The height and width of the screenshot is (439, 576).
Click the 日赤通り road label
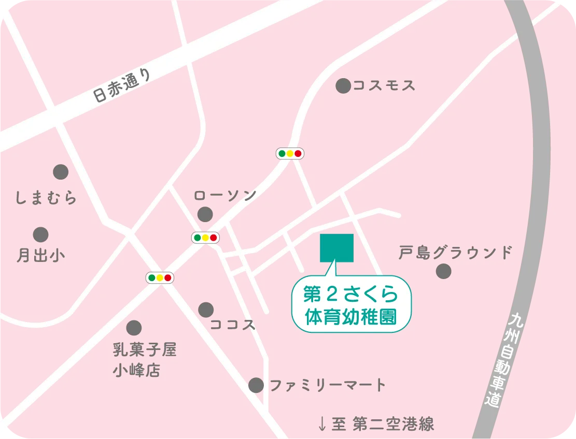123,86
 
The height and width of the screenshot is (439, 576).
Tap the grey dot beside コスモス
343,86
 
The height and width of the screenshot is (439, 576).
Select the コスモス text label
384,86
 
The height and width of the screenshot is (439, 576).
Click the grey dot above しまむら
61,171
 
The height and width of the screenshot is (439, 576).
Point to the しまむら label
46,197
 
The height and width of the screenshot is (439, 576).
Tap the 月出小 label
41,255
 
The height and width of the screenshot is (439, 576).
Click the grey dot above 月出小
40,235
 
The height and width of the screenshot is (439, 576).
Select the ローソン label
225,195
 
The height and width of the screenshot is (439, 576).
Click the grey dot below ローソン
205,213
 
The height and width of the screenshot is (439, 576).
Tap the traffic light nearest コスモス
290,153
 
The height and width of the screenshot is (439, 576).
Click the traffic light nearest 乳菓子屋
160,277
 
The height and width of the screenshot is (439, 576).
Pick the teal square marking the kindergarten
337,247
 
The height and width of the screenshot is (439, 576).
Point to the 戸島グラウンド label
455,253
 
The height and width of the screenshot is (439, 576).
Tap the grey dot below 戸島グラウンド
443,271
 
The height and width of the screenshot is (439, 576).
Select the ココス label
233,325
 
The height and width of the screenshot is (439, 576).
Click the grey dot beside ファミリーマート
256,385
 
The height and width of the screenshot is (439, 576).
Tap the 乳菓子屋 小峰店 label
145,360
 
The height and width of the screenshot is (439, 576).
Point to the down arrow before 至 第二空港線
322,425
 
